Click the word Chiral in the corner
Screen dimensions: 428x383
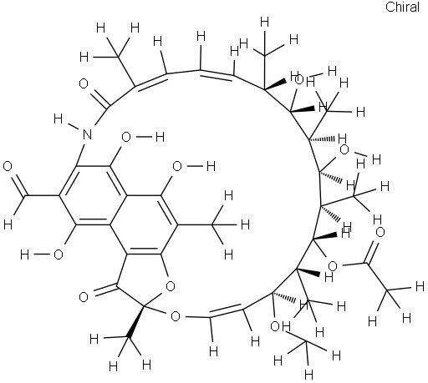pos(402,7)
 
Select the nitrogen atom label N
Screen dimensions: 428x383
pos(88,134)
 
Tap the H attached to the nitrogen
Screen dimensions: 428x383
pos(58,119)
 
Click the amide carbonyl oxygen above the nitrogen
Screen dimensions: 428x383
pos(84,83)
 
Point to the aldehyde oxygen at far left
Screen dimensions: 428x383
pos(8,167)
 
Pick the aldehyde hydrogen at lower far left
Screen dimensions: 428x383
pos(8,224)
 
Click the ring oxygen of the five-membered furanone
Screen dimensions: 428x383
pos(170,286)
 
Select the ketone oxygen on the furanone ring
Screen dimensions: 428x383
pos(84,297)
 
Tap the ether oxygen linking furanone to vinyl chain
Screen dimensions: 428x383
pos(176,316)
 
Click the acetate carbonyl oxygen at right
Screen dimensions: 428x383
pos(380,232)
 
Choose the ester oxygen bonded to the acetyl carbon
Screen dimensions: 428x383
pos(333,266)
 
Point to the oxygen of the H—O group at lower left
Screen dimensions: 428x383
pos(59,254)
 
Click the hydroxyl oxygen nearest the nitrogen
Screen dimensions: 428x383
pos(126,137)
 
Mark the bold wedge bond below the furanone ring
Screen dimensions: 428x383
pos(135,322)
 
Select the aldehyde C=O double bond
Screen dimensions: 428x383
pos(19,185)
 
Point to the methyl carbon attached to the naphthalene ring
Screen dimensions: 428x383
pos(211,224)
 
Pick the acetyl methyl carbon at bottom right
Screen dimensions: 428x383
pos(387,291)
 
